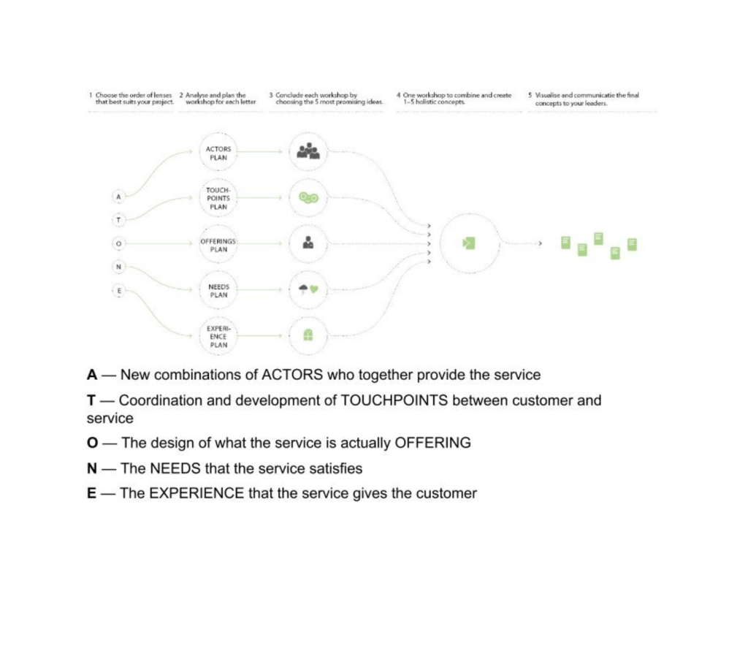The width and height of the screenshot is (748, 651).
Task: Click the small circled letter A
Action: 119,196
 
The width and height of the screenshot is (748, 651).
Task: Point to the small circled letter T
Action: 119,220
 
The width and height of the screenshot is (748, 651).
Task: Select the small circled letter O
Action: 119,243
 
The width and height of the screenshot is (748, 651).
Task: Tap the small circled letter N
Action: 119,267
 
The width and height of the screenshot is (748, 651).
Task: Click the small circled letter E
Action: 119,290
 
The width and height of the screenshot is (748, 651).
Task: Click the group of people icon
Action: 308,151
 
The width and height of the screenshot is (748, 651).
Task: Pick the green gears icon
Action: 308,197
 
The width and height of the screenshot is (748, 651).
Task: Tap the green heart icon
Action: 314,289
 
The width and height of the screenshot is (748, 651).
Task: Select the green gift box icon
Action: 308,335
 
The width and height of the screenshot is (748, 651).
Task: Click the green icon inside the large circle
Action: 469,243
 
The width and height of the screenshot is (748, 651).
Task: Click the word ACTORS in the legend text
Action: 292,375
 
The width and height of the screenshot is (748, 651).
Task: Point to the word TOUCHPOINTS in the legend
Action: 394,400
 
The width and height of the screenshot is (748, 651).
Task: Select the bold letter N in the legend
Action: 91,468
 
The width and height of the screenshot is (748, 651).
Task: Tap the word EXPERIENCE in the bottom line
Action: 196,493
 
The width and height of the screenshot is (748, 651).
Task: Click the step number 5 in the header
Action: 530,95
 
